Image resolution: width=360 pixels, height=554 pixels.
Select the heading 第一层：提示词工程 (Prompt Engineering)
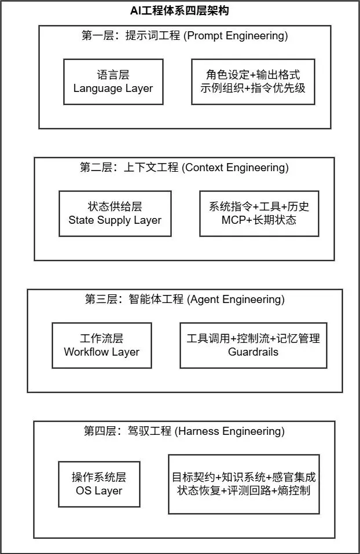[x=185, y=36]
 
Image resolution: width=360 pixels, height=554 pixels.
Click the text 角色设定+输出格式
[x=253, y=75]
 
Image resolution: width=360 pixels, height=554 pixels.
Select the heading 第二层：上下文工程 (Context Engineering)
[x=184, y=168]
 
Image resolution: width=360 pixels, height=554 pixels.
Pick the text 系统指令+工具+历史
[x=259, y=206]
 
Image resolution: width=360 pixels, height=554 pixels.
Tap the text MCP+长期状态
[x=259, y=220]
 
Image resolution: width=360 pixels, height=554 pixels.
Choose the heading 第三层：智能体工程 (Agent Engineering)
[x=185, y=300]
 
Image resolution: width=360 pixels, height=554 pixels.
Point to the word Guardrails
[x=253, y=352]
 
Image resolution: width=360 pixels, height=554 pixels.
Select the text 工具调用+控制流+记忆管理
[x=253, y=338]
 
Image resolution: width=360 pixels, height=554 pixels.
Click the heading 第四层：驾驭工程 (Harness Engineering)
[x=184, y=431]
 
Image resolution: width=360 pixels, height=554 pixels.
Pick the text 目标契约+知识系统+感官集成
[x=244, y=477]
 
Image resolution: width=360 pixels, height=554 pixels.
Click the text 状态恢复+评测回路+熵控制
[x=244, y=491]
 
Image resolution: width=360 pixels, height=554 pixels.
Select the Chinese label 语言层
[x=113, y=75]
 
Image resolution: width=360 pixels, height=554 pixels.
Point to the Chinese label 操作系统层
[x=99, y=477]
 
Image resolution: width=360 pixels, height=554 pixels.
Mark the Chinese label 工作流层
[x=101, y=338]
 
